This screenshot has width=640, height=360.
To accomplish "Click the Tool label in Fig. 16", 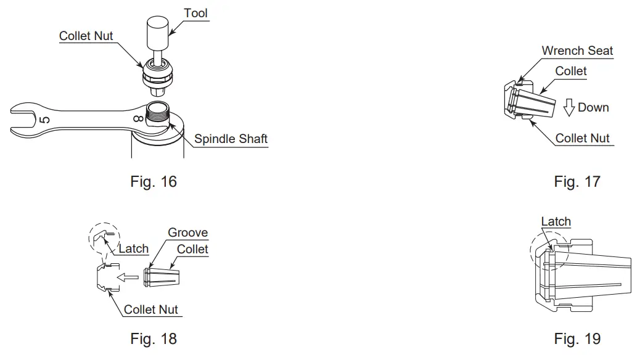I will click(x=195, y=13).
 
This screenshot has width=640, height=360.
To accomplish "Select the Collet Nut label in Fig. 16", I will click(x=86, y=36).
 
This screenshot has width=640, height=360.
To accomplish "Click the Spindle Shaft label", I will click(x=231, y=139).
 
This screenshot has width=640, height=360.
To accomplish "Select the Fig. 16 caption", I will click(x=153, y=182).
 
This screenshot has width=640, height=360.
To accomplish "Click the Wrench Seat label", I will click(x=577, y=51).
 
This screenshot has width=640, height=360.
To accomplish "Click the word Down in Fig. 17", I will click(x=593, y=107).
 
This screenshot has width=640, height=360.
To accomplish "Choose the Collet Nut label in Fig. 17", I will click(x=582, y=138).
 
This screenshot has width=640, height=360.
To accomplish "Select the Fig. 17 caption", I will click(x=576, y=182).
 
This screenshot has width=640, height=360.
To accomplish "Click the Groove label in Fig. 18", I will click(x=188, y=233).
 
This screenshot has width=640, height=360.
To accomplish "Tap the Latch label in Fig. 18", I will click(x=133, y=248).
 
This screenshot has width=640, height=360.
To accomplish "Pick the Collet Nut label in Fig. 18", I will click(x=151, y=309).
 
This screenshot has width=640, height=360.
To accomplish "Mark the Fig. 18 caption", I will click(x=153, y=338).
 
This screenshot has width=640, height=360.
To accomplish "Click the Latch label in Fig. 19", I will click(x=556, y=221).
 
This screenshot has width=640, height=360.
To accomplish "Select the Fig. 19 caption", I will click(x=576, y=338).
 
